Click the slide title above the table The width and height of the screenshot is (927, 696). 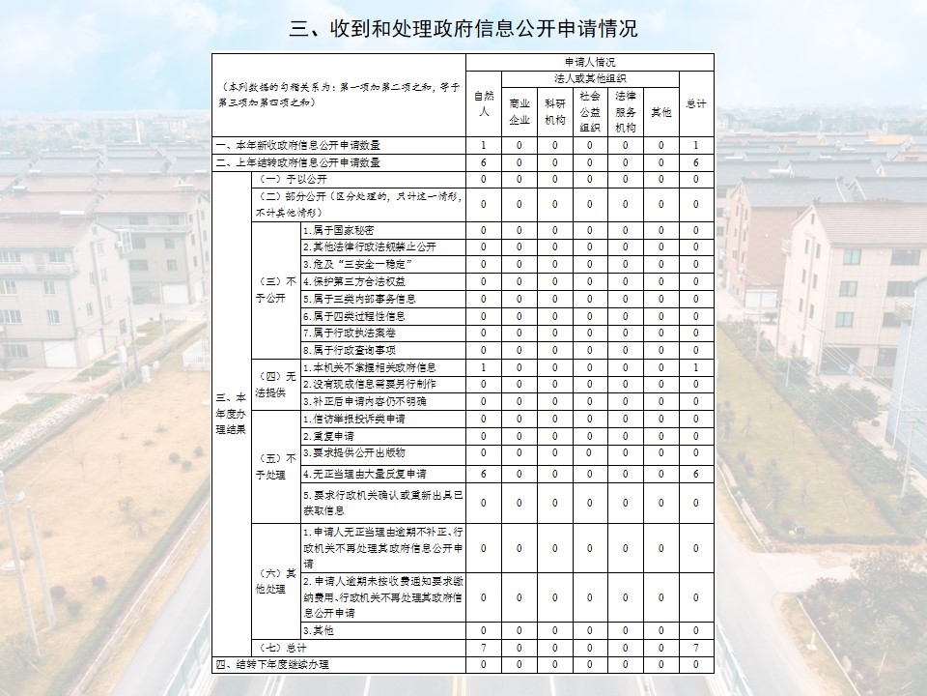point(463,29)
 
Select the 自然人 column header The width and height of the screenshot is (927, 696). point(483,103)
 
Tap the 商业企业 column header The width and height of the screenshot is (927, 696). point(519,111)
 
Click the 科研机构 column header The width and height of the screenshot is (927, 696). point(554,111)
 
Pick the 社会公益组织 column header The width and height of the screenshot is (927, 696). point(590,111)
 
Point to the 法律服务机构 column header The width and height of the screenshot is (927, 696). point(625,111)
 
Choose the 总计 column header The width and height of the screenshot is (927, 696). point(695,103)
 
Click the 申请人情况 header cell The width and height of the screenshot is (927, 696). point(589,62)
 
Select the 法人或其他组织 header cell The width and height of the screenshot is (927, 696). point(589,77)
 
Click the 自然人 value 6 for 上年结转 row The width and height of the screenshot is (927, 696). point(483,162)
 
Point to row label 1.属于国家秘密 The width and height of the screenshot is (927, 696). point(348,229)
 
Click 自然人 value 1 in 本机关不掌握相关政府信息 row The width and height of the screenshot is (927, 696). point(483,367)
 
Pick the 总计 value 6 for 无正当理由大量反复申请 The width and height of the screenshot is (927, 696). point(695,474)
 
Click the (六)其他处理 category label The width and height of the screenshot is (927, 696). point(274,580)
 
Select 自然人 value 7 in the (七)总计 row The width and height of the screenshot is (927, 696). point(483,647)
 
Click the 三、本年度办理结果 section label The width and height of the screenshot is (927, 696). point(230,413)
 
